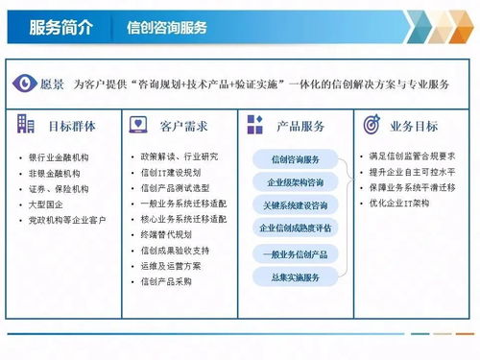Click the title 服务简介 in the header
pyautogui.click(x=62, y=27)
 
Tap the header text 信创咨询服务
pyautogui.click(x=167, y=28)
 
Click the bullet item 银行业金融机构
pyautogui.click(x=60, y=157)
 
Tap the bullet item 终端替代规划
pyautogui.click(x=167, y=235)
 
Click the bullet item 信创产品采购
pyautogui.click(x=167, y=281)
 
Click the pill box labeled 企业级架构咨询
pyautogui.click(x=296, y=182)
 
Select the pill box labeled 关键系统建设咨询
pyautogui.click(x=296, y=205)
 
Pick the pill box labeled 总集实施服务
pyautogui.click(x=296, y=276)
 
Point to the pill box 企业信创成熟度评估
pyautogui.click(x=296, y=228)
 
